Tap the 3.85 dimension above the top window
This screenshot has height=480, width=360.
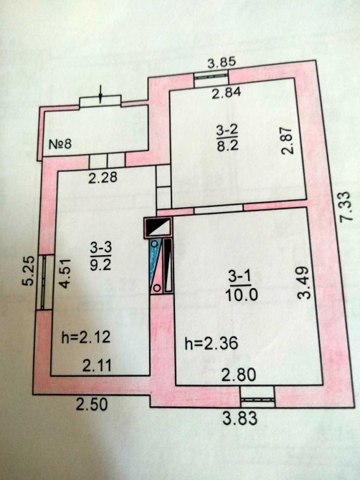222,63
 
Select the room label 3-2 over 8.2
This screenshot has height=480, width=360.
227,139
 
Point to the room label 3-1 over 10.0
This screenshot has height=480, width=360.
241,287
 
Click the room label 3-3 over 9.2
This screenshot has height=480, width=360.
101,256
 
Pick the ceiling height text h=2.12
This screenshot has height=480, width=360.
86,337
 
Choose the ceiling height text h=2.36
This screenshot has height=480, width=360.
212,343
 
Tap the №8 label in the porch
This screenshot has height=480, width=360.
60,143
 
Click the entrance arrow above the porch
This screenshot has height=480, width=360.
100,94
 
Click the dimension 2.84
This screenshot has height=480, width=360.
227,92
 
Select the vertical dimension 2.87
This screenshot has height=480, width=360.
288,140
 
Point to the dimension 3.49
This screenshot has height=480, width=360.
304,282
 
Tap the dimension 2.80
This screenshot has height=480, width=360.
238,375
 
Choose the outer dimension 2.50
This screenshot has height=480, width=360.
92,404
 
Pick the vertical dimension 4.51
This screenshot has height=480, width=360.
65,274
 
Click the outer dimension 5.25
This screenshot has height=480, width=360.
29,271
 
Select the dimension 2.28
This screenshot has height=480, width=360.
103,178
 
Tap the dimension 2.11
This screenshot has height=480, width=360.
97,365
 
